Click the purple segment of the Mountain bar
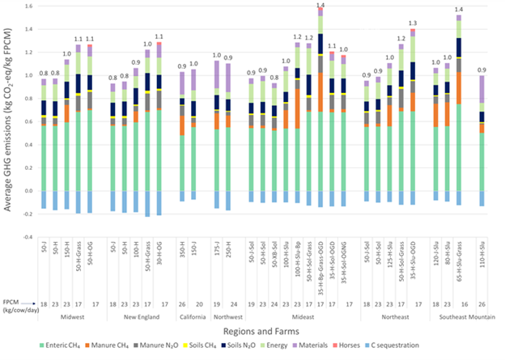coord(482,89)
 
